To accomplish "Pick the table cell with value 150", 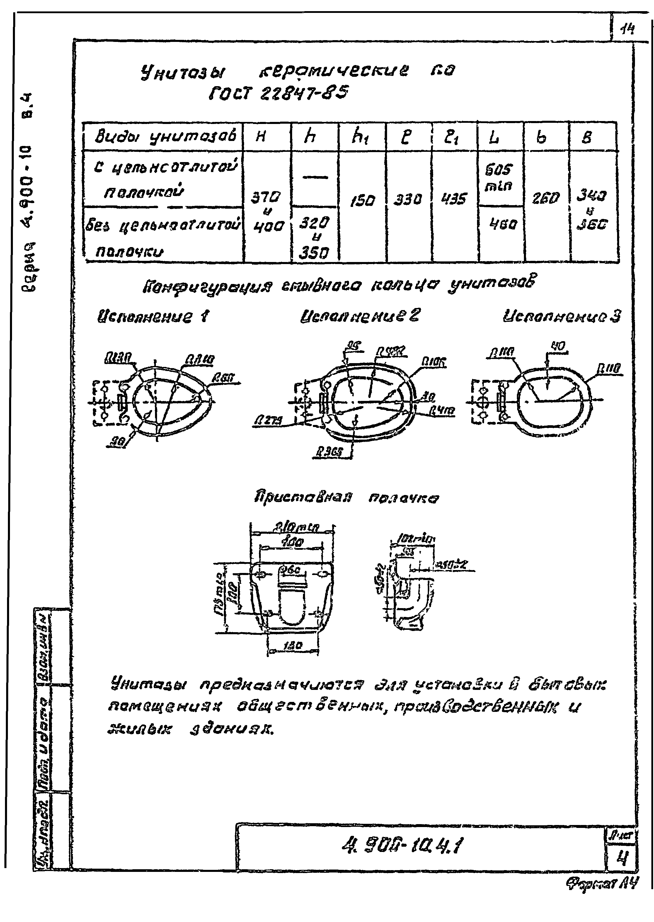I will (362, 200).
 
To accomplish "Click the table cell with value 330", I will (408, 199).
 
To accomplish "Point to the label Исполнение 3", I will (562, 316).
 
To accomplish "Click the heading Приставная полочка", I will (347, 498).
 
